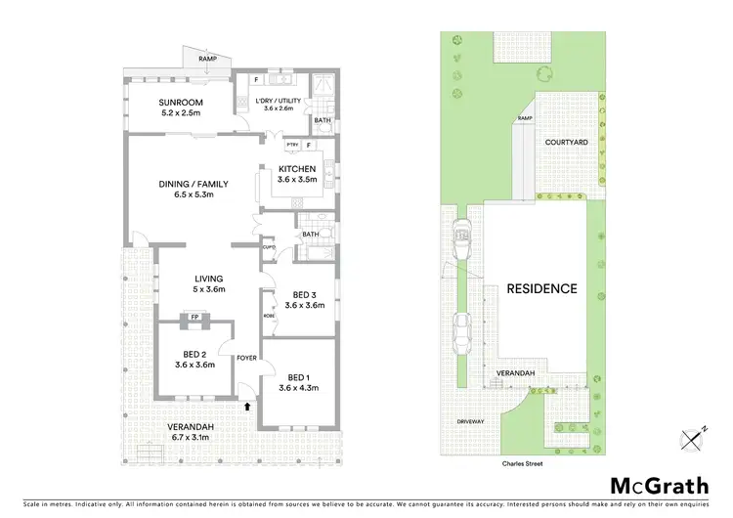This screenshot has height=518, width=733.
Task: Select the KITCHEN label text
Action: click(296, 169)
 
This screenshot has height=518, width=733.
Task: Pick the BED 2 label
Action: click(194, 354)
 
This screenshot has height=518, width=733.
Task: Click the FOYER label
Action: click(246, 359)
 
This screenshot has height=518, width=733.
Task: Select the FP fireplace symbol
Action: click(194, 318)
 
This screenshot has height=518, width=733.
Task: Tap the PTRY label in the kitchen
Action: click(290, 146)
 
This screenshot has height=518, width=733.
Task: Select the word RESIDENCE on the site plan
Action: click(541, 289)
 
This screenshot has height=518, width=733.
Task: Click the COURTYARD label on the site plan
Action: click(566, 143)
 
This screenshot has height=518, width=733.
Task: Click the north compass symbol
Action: click(693, 439)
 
